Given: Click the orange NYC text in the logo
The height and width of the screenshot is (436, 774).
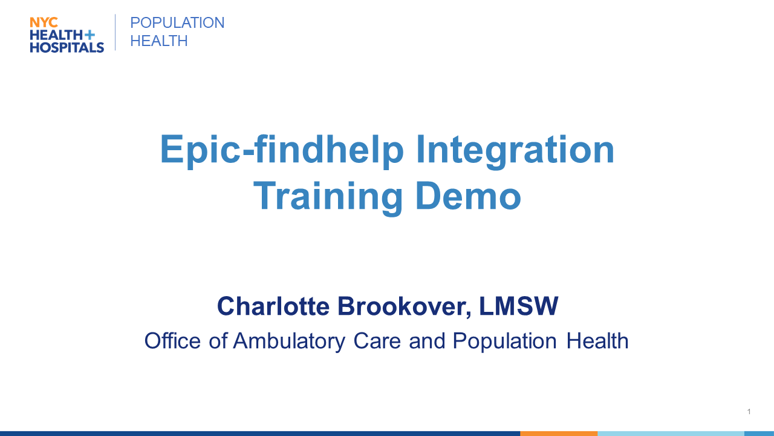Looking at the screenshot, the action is click(44, 22).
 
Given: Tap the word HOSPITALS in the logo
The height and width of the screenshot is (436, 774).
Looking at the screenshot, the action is click(67, 47).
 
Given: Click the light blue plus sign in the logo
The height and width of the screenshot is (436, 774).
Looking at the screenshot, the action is click(89, 35).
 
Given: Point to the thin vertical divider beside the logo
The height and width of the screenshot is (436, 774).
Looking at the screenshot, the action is click(115, 32).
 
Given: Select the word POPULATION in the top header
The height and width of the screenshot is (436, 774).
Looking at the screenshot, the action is click(177, 23).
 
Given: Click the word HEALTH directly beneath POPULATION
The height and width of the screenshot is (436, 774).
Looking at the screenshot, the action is click(159, 41).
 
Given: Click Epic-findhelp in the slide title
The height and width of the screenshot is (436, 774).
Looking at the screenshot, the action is click(282, 150).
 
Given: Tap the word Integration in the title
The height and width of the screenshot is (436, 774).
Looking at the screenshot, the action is click(515, 150).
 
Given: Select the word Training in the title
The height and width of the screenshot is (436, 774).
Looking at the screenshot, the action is click(328, 197).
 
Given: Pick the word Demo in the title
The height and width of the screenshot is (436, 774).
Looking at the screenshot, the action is click(468, 196).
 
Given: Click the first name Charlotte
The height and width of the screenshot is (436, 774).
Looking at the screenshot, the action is click(273, 306).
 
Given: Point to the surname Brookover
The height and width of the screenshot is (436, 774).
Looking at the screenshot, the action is click(405, 307).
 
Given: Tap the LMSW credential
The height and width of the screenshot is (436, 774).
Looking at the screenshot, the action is click(519, 306).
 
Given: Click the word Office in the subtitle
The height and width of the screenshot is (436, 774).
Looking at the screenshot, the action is click(172, 341).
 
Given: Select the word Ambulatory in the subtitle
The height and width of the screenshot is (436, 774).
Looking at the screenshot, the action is click(289, 342).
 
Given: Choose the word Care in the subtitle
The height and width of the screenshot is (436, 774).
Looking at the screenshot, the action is click(377, 341).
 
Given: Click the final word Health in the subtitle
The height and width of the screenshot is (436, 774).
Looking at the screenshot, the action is click(597, 341).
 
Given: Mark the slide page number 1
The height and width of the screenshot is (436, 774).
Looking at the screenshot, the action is click(749, 411).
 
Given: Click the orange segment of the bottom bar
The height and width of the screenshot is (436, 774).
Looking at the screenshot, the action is click(559, 434).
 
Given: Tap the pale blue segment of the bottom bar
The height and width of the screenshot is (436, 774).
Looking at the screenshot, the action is click(671, 434).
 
